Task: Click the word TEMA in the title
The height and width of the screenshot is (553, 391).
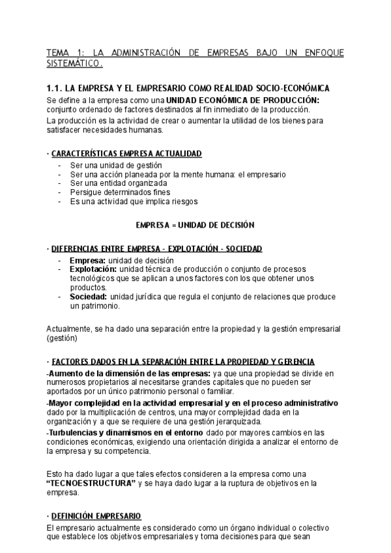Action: coord(57,53)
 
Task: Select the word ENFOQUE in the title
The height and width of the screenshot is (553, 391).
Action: coord(321,53)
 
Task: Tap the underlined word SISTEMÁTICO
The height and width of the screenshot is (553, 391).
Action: coord(74,64)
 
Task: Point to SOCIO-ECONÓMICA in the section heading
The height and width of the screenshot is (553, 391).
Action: coord(297,88)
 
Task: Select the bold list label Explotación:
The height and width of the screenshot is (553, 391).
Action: coord(93,269)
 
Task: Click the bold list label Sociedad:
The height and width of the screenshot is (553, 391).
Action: coord(88,297)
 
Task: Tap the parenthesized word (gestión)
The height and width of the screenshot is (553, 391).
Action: coord(62,338)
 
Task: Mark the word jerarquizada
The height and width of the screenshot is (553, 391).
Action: coord(186,421)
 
